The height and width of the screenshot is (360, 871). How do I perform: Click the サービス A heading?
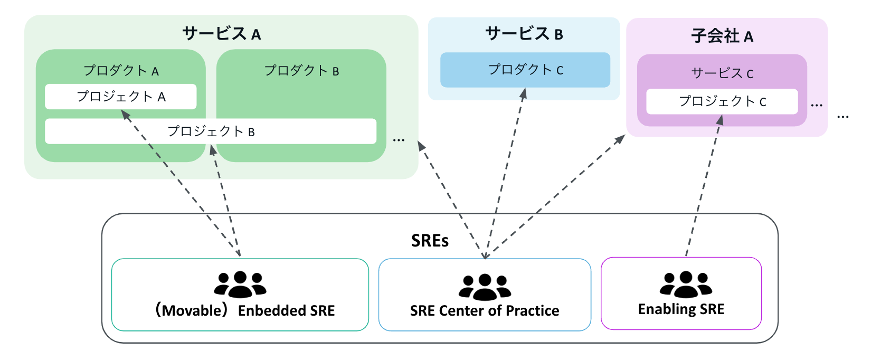coord(221,34)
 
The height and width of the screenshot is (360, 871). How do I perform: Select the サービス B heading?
coord(524,34)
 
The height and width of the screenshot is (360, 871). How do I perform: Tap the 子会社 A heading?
coord(722,36)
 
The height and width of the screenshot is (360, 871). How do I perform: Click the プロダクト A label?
coord(121,70)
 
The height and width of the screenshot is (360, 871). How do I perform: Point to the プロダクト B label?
coord(301,70)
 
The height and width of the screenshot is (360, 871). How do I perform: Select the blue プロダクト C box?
coord(525,70)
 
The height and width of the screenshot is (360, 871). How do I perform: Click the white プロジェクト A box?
coord(121,97)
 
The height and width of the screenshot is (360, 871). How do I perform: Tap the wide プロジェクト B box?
coord(211,131)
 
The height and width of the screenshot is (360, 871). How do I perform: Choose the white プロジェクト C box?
coord(722,101)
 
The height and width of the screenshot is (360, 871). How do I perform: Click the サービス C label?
coord(722,73)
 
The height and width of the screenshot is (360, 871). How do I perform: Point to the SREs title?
coord(430,241)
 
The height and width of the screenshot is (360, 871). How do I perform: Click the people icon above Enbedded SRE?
coord(240,284)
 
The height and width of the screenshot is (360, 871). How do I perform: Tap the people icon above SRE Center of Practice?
coord(485,287)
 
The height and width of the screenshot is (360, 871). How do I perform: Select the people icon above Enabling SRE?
coord(686,284)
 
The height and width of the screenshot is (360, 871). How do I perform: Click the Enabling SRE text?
coord(681,309)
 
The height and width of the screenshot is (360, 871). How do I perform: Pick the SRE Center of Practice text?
coord(485,311)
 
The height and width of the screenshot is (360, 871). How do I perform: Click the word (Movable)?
coord(192,310)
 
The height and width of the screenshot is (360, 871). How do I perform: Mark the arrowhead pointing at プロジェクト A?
coord(125,114)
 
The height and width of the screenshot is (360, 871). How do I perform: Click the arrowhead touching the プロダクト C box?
coord(523,93)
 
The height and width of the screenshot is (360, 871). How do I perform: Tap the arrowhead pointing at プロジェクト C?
coord(719,120)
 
